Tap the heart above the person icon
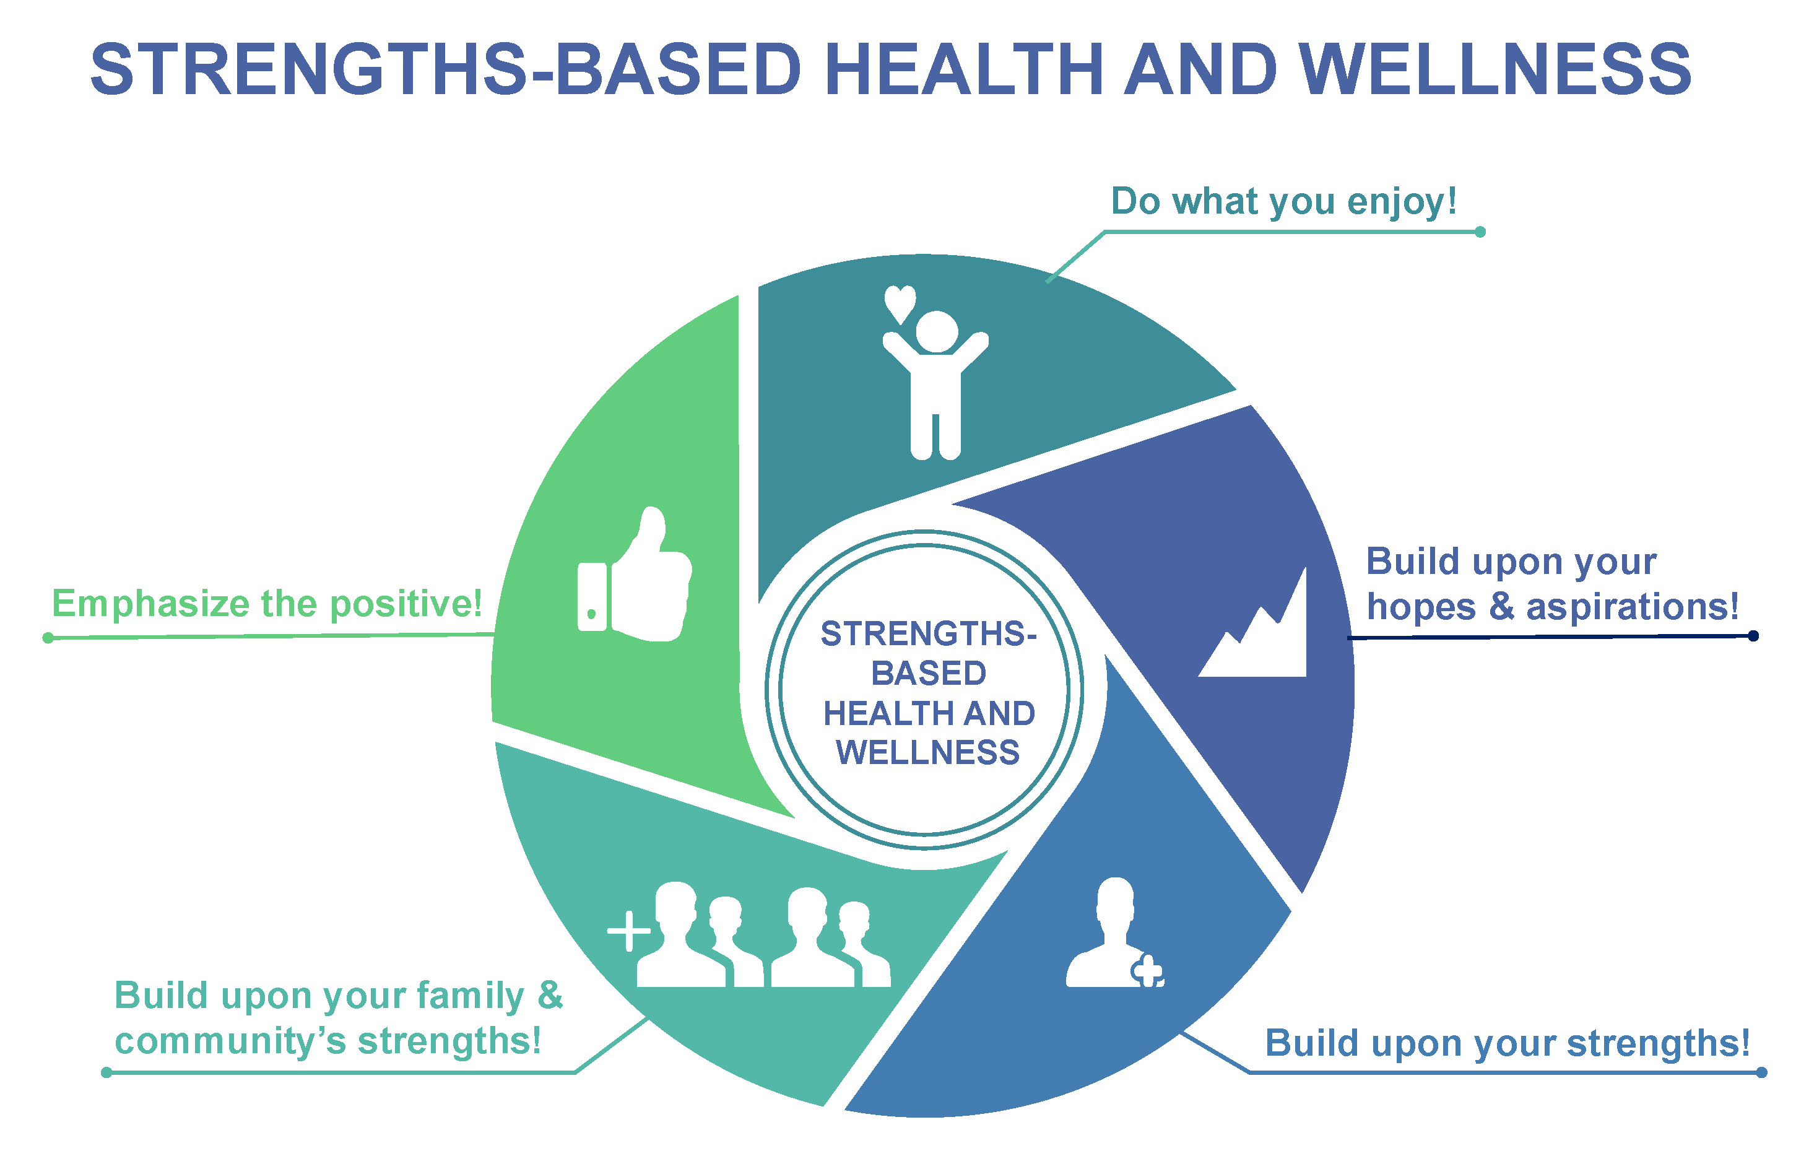point(900,303)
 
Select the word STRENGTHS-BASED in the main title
point(445,69)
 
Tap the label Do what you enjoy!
point(1283,201)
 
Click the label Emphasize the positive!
point(266,604)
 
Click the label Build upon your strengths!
point(1507,1044)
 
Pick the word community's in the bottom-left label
point(230,1042)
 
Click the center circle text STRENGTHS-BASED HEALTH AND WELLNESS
point(927,692)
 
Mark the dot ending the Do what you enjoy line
point(1480,232)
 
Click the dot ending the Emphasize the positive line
point(48,638)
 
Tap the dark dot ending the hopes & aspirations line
point(1753,635)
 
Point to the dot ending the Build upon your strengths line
point(1761,1072)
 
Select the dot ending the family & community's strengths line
point(106,1072)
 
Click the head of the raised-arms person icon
point(937,331)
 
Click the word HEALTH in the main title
point(965,69)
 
